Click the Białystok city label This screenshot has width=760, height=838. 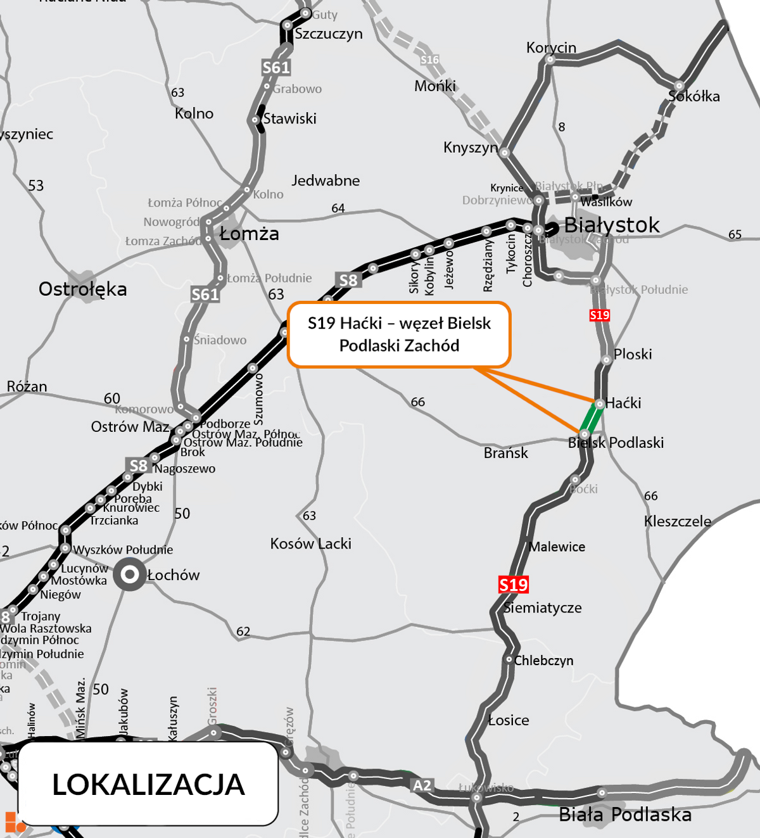[611, 225]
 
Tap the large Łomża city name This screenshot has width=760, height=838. [249, 234]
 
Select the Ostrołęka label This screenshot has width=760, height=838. [83, 289]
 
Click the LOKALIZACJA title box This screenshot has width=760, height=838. [148, 784]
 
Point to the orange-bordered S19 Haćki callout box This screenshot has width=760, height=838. [399, 334]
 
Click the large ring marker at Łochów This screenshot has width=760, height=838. [130, 575]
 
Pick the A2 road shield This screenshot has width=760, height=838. [422, 785]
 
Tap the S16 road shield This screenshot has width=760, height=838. [429, 60]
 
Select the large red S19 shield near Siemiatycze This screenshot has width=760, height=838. [513, 585]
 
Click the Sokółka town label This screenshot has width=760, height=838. [694, 96]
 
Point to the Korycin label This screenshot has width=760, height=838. [551, 48]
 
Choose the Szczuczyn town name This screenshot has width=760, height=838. [329, 34]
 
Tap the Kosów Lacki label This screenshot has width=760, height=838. [310, 543]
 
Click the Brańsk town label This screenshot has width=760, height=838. [505, 453]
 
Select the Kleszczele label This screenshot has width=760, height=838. [678, 521]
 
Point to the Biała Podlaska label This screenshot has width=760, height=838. [625, 815]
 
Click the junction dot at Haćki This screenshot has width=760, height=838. [599, 403]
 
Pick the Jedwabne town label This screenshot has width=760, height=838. [326, 181]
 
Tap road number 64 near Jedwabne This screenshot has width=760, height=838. [338, 208]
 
